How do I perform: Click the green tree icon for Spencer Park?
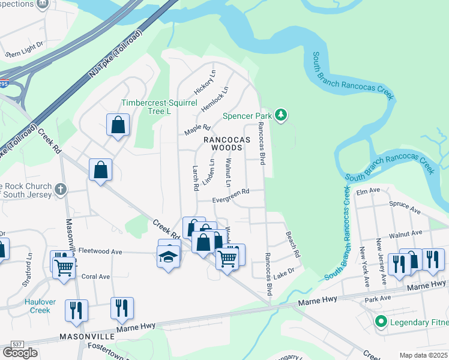click(280, 115)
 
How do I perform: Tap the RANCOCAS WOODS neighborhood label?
click(226, 139)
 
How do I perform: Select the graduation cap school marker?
click(169, 256)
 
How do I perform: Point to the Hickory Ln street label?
click(204, 82)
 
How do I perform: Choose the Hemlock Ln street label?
click(218, 99)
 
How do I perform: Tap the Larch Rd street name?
click(196, 178)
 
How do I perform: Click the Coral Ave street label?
click(95, 277)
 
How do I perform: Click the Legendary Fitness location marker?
click(380, 323)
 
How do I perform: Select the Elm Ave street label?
click(369, 191)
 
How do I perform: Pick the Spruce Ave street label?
click(405, 208)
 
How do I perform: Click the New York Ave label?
click(363, 265)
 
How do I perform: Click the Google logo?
click(20, 352)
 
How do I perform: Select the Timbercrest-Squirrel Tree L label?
click(159, 107)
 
